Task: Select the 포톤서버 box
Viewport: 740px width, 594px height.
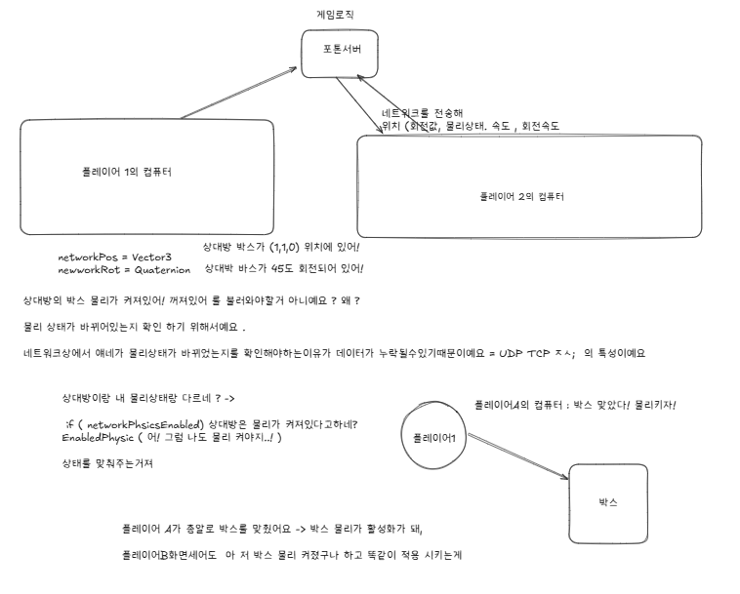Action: pos(338,53)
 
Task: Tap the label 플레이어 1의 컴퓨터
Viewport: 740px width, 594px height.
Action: pos(127,172)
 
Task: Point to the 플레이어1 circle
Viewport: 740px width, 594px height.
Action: pos(434,437)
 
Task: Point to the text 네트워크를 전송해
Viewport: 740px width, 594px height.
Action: pos(422,113)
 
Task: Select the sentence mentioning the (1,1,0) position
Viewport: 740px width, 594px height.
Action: pos(282,247)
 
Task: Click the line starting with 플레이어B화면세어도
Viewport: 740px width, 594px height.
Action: pos(291,554)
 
